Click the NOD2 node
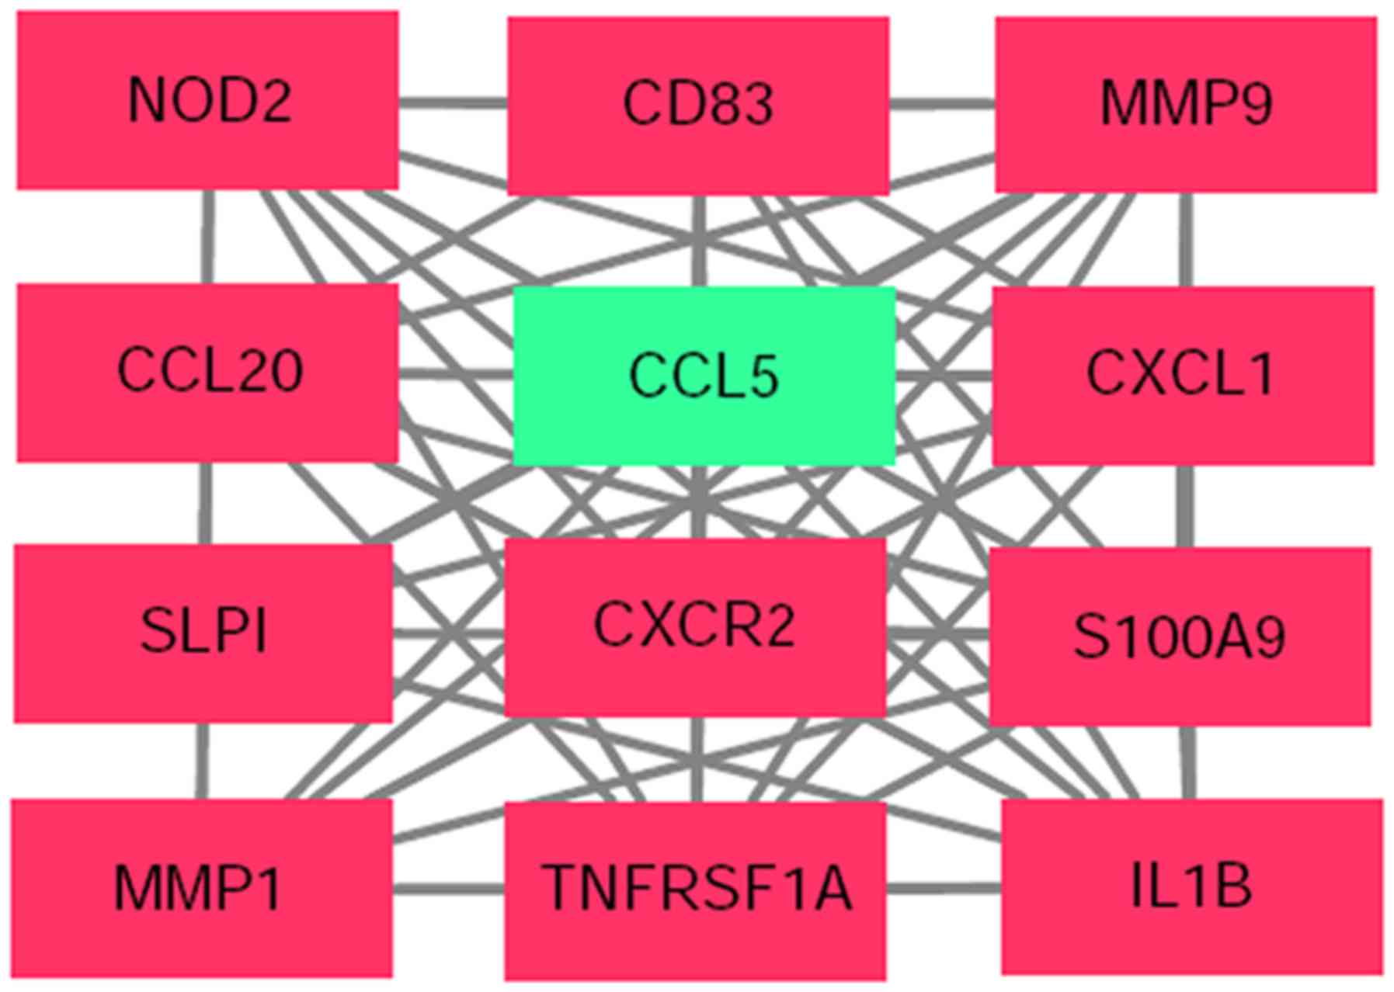pos(207,100)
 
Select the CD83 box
pos(697,106)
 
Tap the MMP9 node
pos(1186,105)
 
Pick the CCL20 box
pos(207,372)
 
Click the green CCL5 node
pos(704,376)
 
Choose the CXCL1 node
pos(1182,376)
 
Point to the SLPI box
pos(203,633)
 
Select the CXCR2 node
pos(695,626)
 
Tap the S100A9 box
pos(1180,636)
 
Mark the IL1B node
pos(1191,886)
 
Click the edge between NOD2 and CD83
pos(453,102)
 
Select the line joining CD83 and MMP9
pos(942,103)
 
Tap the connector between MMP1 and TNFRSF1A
pos(448,888)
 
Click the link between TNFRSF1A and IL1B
pos(944,888)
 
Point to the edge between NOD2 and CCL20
pos(207,236)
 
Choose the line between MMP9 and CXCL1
pos(1184,239)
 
